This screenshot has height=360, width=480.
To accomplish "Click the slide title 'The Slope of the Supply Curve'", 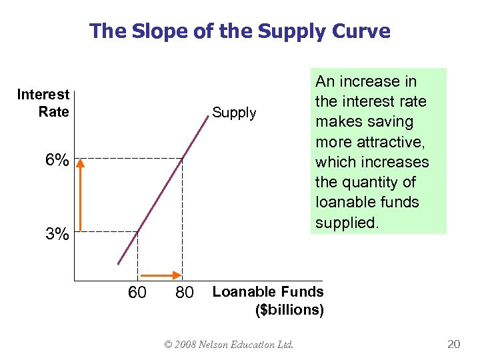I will click(x=240, y=31).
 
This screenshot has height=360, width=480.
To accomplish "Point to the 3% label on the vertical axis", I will click(x=57, y=235).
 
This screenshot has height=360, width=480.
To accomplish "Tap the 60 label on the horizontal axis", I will click(x=137, y=293).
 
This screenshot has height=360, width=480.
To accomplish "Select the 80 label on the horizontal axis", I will click(x=184, y=293).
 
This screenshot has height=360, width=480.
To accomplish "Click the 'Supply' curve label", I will click(x=234, y=113).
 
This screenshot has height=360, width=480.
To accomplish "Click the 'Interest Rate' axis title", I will click(x=44, y=103).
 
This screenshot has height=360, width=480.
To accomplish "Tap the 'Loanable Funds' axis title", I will click(x=267, y=291).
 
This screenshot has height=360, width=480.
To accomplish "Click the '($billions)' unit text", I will click(x=289, y=310).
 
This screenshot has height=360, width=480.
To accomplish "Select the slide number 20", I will click(x=453, y=344).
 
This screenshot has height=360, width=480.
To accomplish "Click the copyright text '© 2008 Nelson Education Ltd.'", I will click(x=228, y=345).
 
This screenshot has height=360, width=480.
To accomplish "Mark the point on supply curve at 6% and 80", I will click(x=183, y=158).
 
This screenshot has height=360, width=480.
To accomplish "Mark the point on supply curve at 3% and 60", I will click(x=138, y=231).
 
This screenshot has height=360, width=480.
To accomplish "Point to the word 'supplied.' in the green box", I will click(x=347, y=223).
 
